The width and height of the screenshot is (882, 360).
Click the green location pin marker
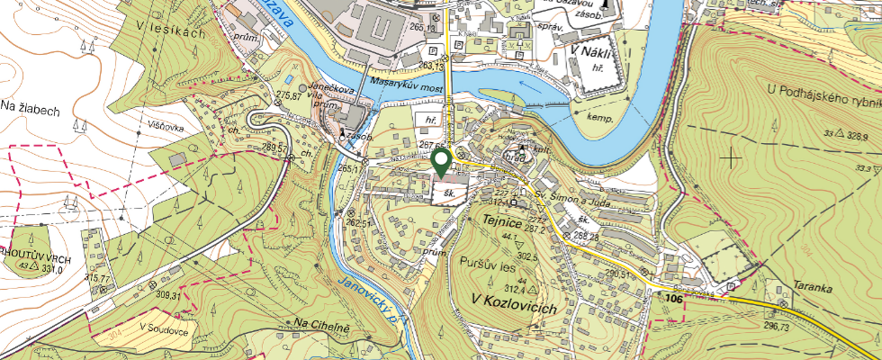[x=441, y=162]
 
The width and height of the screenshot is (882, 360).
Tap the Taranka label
[x=812, y=290]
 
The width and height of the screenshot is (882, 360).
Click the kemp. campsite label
[x=599, y=118]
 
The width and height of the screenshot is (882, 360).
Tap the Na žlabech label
[x=30, y=110]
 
